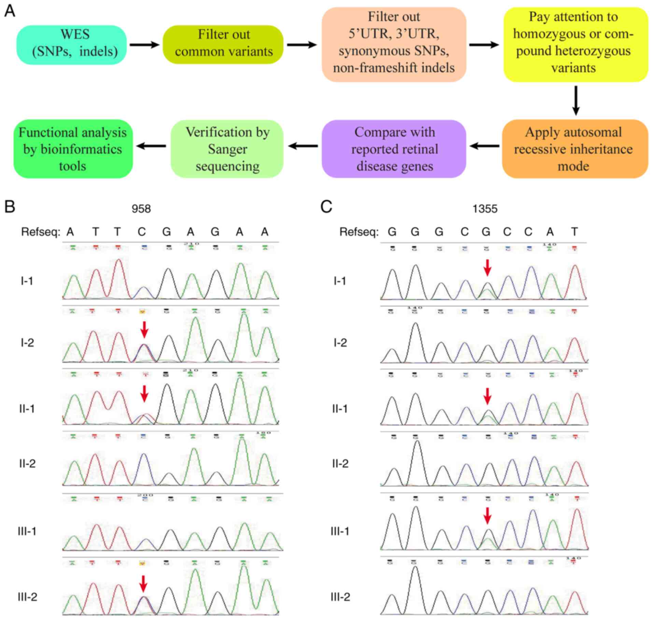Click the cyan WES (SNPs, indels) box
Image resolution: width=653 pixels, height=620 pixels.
click(72, 44)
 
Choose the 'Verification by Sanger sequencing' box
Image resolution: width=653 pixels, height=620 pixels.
click(227, 149)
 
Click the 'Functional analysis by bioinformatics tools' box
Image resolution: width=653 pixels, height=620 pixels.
click(73, 149)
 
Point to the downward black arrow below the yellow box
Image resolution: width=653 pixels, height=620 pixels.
click(576, 101)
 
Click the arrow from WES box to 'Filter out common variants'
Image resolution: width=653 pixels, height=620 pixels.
click(144, 45)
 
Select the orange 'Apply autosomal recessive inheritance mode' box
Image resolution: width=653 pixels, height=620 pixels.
click(575, 149)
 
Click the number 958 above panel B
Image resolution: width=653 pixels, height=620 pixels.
click(141, 209)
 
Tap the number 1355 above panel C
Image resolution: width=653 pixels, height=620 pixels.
click(485, 209)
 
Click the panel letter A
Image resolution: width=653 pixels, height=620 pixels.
click(10, 11)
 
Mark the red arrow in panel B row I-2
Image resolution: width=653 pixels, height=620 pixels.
click(144, 329)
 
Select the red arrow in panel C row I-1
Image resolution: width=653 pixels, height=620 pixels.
click(487, 267)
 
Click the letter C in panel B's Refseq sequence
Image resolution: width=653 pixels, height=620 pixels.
click(142, 232)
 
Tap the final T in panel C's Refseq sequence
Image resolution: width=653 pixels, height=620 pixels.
click(574, 232)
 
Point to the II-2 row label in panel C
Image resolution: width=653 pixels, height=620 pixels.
click(340, 464)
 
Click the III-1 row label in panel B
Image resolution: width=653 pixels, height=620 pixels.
click(27, 531)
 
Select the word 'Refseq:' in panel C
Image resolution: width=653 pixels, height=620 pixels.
click(359, 232)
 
